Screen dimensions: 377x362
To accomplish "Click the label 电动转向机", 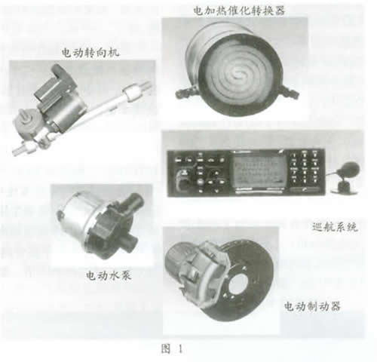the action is point(90,53).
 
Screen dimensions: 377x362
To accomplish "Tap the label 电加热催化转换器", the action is point(239,11).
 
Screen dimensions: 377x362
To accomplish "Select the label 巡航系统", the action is point(335,227).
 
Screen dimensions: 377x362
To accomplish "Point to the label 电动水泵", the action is point(109,276).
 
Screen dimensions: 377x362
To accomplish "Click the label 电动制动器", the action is point(312,306).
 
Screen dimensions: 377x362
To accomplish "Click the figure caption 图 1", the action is point(172,348).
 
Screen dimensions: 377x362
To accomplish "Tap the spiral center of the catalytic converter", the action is point(237,73).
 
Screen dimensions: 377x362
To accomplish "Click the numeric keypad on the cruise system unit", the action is point(305,167).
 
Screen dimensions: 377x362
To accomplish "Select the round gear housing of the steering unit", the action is point(26,122).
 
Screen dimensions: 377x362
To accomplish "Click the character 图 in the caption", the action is point(166,348).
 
